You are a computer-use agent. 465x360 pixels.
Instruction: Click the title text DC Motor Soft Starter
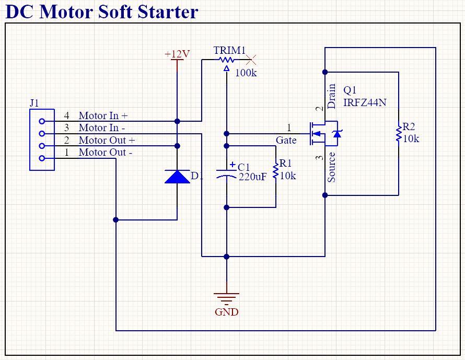pos(102,11)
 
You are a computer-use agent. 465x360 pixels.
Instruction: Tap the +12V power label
pos(177,54)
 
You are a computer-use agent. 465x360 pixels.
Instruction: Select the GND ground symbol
pos(227,299)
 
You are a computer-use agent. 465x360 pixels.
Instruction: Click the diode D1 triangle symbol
pos(177,177)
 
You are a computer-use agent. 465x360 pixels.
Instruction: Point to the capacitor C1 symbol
pos(227,172)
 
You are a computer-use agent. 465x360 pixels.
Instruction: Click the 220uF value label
pos(252,177)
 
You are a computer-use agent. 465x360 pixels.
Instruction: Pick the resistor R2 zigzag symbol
pos(398,133)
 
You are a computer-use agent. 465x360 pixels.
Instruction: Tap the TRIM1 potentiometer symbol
pos(227,61)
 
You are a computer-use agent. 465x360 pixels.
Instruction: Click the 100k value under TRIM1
pos(246,73)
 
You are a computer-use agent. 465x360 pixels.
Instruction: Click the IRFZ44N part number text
pos(365,102)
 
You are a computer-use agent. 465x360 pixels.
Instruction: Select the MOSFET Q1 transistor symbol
pos(324,134)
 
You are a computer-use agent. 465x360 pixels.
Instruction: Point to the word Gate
pos(286,140)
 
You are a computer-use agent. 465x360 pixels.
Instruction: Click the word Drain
pos(332,96)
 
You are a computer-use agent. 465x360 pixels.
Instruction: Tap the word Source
pos(332,167)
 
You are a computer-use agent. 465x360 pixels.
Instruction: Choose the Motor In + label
pos(103,115)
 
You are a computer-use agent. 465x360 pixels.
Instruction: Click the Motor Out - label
pos(105,153)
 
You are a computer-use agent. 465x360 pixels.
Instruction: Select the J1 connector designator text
pos(34,103)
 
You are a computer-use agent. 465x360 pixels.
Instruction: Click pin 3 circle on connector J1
pos(42,133)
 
